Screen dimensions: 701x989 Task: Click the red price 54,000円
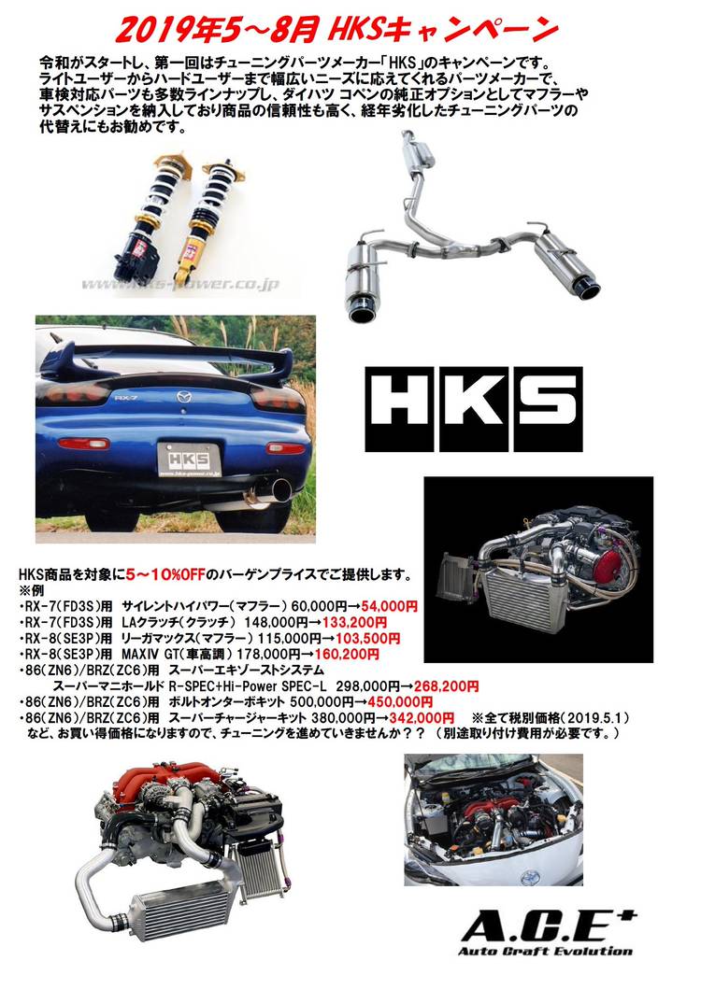coord(390,607)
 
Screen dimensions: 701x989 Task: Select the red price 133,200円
coord(350,623)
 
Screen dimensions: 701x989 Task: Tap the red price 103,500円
coord(367,638)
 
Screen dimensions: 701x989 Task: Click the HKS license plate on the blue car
coord(189,459)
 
